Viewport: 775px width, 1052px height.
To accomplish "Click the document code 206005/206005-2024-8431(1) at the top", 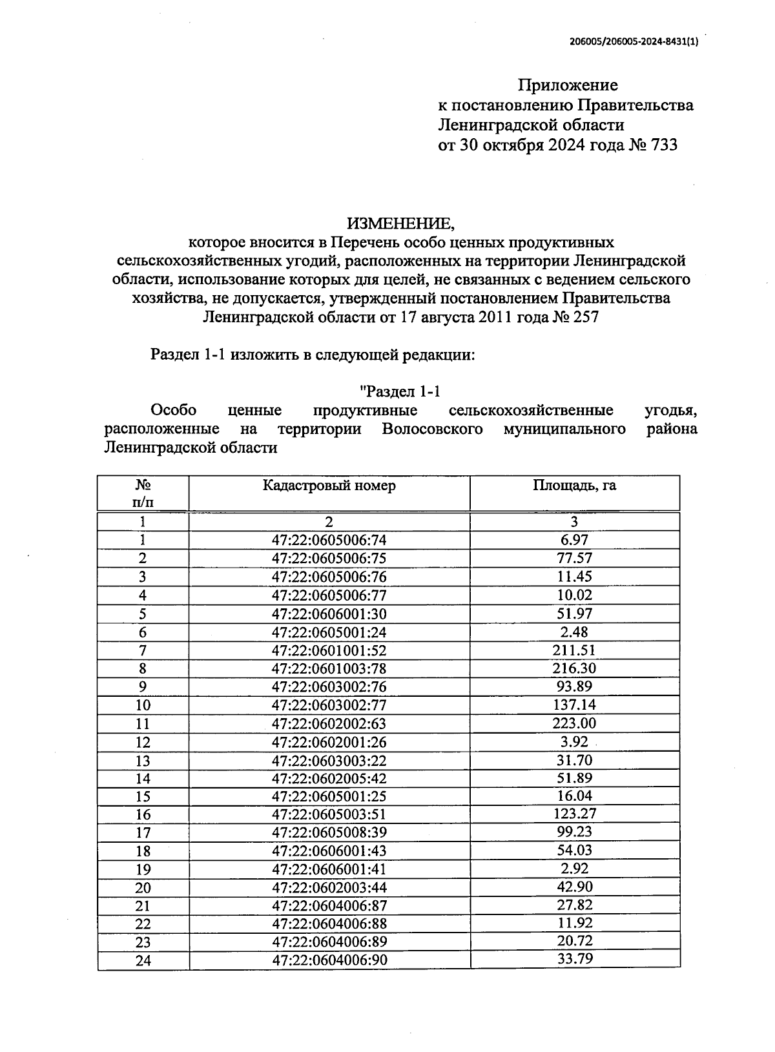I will [634, 41].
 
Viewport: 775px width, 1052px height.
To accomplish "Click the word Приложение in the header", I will [568, 85].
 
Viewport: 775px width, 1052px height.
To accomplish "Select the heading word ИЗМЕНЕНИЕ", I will [400, 223].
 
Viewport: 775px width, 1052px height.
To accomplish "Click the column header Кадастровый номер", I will [329, 486].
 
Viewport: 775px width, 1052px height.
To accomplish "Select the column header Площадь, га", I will [574, 486].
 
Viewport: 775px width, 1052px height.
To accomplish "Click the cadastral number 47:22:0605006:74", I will [329, 540].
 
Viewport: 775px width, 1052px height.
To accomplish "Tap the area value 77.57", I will [574, 558].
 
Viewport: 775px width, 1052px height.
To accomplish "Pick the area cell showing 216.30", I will [574, 668].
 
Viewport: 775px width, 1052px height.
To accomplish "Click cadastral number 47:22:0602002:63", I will [329, 724].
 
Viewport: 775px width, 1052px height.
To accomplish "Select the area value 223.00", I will [574, 723].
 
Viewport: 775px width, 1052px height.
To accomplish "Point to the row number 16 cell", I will [143, 815].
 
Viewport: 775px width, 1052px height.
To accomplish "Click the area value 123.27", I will [574, 814].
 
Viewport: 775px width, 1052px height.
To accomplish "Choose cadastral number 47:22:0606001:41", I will [329, 869].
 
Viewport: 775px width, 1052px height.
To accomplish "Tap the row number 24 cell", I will [143, 961].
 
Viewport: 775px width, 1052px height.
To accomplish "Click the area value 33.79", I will [574, 958].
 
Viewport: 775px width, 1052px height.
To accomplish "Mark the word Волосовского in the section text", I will [432, 429].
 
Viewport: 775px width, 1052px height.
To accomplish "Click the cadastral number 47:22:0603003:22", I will [329, 761].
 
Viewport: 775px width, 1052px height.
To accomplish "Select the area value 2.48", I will [574, 632].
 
